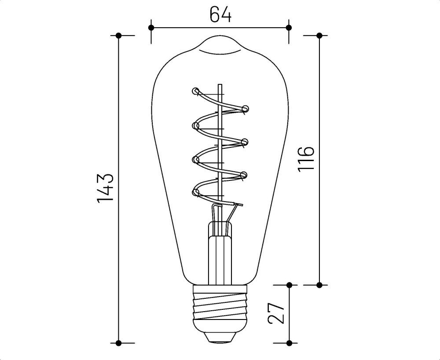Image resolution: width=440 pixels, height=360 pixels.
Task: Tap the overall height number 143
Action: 106,188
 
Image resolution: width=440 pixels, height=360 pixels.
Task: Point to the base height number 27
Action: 276,313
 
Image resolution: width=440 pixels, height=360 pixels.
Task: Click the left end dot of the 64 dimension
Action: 151,28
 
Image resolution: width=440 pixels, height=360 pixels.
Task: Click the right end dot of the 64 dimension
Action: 289,28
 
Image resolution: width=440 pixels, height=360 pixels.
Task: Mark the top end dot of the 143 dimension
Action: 118,35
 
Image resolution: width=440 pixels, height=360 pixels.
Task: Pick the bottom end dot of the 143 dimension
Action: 118,342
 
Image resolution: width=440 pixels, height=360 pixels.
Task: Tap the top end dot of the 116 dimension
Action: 319,35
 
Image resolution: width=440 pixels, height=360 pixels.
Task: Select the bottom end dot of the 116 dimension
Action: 319,285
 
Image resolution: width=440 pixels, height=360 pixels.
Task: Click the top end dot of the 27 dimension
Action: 289,285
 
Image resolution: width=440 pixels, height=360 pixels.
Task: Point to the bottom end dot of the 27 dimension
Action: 289,342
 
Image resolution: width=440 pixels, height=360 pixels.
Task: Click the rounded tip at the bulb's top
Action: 220,40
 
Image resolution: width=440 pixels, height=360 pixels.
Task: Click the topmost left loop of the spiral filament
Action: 195,92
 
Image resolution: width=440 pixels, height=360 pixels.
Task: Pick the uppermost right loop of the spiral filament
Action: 245,108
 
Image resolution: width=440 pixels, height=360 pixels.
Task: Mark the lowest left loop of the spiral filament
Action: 195,191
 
